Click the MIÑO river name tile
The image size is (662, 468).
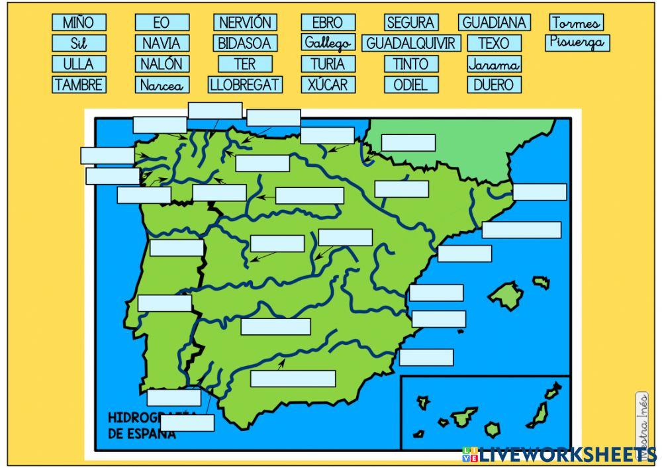click(78, 23)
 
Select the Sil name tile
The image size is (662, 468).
click(78, 44)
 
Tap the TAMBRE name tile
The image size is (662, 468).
click(78, 85)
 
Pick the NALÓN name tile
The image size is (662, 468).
click(162, 64)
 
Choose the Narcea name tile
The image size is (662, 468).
click(162, 85)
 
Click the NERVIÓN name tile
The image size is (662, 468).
click(245, 23)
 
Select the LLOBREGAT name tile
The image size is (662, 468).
click(245, 85)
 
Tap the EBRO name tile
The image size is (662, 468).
click(328, 23)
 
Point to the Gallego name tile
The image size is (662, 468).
click(328, 44)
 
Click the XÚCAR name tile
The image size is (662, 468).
click(328, 85)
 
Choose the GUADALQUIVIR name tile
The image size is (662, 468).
click(411, 44)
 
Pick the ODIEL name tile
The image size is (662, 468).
click(411, 85)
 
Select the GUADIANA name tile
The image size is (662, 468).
click(494, 23)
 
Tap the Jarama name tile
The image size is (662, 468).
click(494, 64)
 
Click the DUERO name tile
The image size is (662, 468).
click(494, 85)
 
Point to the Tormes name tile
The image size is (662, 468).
click(577, 23)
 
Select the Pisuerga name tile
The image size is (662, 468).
click(577, 43)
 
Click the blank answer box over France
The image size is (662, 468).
click(408, 143)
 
